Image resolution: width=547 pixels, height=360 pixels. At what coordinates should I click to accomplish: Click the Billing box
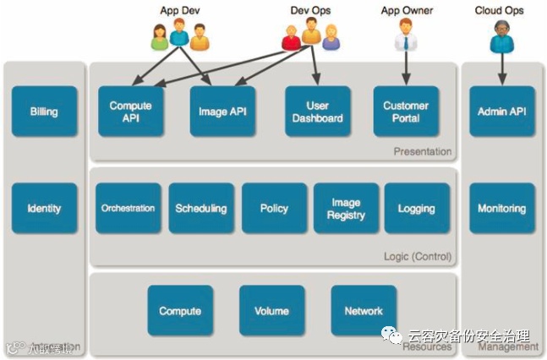coord(44,112)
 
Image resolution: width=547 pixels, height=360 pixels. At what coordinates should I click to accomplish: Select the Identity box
coord(44,209)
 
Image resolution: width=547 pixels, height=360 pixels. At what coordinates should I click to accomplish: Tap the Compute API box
coord(130,112)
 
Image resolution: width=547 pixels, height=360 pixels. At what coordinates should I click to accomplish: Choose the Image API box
coord(222,112)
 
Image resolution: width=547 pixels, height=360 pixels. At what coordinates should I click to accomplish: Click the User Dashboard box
coord(317,112)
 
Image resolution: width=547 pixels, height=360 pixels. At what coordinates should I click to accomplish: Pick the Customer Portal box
coord(406,112)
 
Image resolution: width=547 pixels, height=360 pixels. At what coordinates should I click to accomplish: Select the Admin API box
coord(502,112)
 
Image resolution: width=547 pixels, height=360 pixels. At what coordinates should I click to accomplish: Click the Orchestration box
coord(128,208)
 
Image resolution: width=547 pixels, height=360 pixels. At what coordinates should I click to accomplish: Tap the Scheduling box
coord(200,208)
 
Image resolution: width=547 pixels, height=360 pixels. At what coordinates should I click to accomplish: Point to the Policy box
coord(274,208)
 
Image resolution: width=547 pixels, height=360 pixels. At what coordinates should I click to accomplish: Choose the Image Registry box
coord(347,208)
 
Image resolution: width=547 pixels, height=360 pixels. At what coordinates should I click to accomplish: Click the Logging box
coord(416,208)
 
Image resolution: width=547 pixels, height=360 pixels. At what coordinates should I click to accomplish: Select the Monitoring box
coord(502,208)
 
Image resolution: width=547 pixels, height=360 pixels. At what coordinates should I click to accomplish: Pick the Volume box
coord(271,311)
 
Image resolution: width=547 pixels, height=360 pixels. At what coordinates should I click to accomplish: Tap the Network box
coord(364,311)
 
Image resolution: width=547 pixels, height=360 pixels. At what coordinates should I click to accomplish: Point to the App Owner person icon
coord(406,36)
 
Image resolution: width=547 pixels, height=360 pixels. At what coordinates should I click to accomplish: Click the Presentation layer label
coord(422,152)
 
